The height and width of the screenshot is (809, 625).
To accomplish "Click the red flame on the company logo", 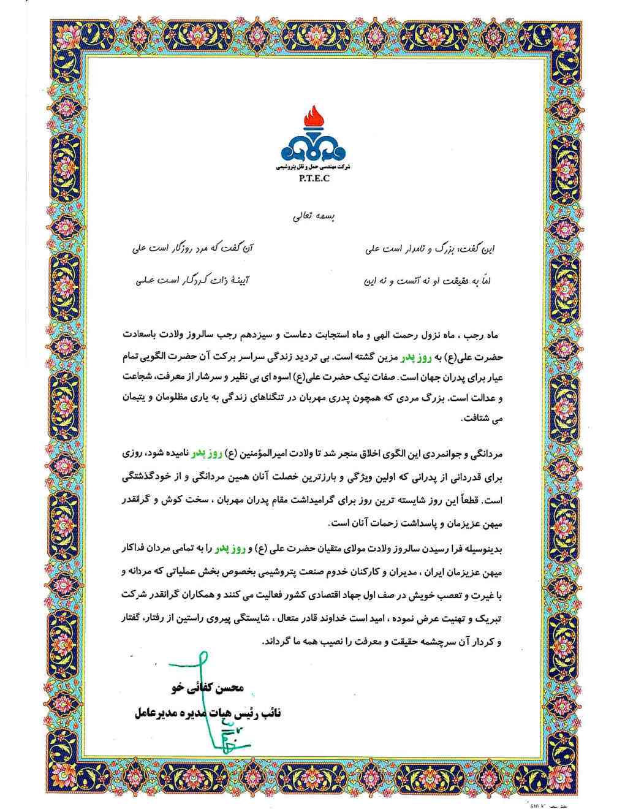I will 313,116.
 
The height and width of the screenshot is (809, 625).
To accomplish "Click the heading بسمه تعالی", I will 314,216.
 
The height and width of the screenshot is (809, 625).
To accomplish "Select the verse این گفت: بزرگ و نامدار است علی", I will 430,249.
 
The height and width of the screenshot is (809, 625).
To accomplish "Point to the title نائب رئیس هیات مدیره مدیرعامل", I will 207,713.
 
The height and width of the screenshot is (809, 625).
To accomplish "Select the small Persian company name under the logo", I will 313,167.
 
